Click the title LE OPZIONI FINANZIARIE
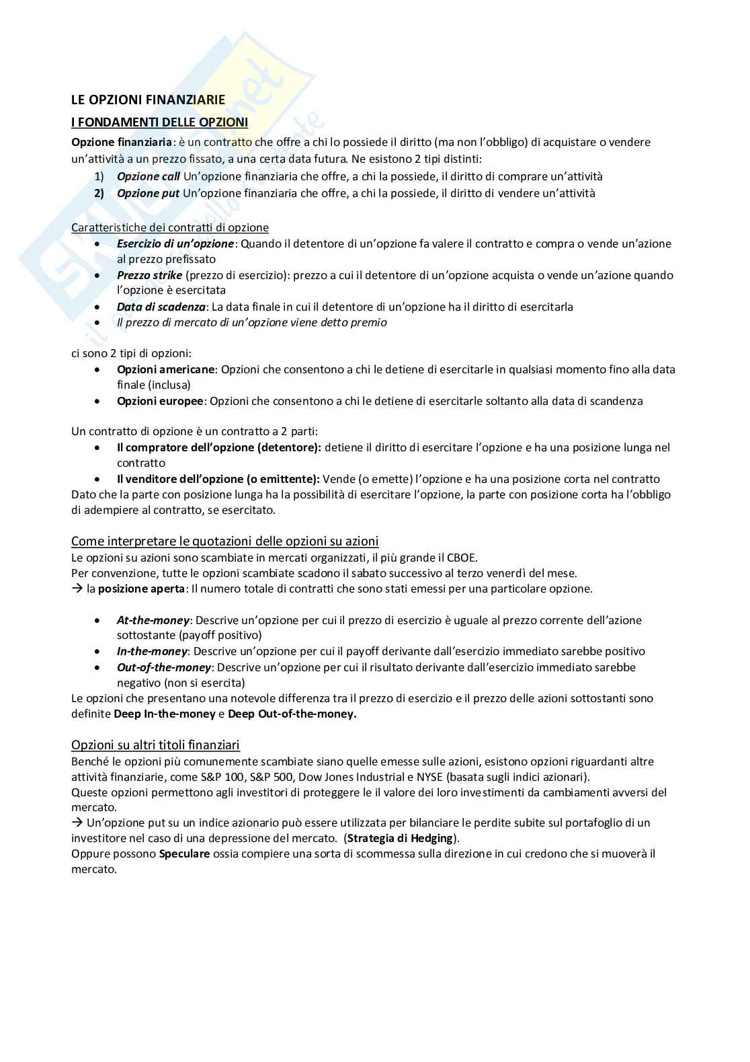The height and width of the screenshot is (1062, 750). pyautogui.click(x=148, y=100)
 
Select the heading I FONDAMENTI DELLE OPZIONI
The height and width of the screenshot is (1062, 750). pyautogui.click(x=159, y=122)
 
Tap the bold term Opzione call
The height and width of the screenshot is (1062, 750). pyautogui.click(x=148, y=176)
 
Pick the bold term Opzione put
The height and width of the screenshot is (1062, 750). pyautogui.click(x=148, y=193)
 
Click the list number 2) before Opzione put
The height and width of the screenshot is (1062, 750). pyautogui.click(x=99, y=193)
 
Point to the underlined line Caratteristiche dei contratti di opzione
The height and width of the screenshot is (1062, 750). pyautogui.click(x=169, y=227)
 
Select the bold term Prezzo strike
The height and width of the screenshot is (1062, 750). pyautogui.click(x=149, y=275)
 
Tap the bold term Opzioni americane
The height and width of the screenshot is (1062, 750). pyautogui.click(x=165, y=369)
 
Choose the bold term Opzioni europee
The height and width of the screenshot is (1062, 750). pyautogui.click(x=160, y=401)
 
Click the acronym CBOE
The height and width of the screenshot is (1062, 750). pyautogui.click(x=459, y=558)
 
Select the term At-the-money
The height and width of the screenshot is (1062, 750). pyautogui.click(x=153, y=620)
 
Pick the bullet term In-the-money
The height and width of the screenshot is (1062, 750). pyautogui.click(x=152, y=651)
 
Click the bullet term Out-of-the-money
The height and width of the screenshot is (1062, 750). pyautogui.click(x=164, y=667)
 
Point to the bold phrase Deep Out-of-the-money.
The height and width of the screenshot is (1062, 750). pyautogui.click(x=292, y=714)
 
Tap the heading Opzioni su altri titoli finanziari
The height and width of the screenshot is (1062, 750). pyautogui.click(x=155, y=745)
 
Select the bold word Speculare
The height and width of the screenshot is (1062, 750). pyautogui.click(x=184, y=854)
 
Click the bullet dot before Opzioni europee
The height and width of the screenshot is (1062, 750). pyautogui.click(x=99, y=401)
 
